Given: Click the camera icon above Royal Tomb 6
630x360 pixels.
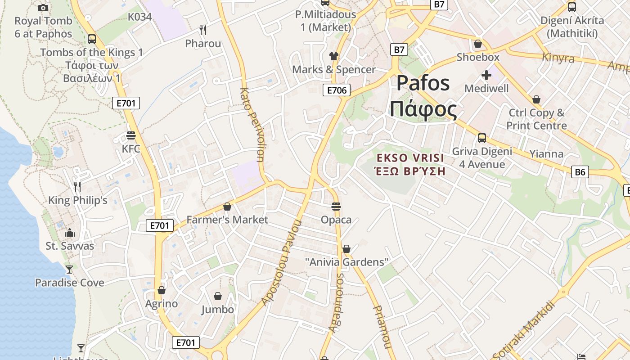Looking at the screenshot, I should click(43, 8).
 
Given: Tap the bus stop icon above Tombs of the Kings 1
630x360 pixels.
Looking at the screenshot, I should click(92, 39).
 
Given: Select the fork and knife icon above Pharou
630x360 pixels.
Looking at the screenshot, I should click(203, 30).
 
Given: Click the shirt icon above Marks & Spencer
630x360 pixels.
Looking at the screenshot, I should click(333, 56).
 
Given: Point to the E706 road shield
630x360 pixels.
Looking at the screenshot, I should click(337, 90).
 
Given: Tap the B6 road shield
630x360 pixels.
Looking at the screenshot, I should click(580, 171).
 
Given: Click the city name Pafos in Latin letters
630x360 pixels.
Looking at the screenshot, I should click(423, 83).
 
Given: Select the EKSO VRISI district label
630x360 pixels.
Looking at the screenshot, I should click(410, 158).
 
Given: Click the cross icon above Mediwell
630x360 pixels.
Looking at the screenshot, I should click(486, 75).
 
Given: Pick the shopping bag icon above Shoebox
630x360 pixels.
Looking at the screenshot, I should click(478, 44).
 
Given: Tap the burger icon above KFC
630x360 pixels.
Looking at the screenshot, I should click(131, 135).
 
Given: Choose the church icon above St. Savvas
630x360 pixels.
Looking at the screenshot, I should click(70, 233).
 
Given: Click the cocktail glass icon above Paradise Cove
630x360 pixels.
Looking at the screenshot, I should click(69, 270).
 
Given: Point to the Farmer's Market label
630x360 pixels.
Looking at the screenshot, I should click(227, 220).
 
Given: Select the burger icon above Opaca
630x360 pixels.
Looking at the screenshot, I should click(336, 207).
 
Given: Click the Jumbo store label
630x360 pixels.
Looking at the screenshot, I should click(218, 309).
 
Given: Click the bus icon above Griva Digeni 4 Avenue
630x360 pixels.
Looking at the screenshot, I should click(482, 138).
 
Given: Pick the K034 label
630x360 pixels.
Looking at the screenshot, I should click(140, 17).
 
